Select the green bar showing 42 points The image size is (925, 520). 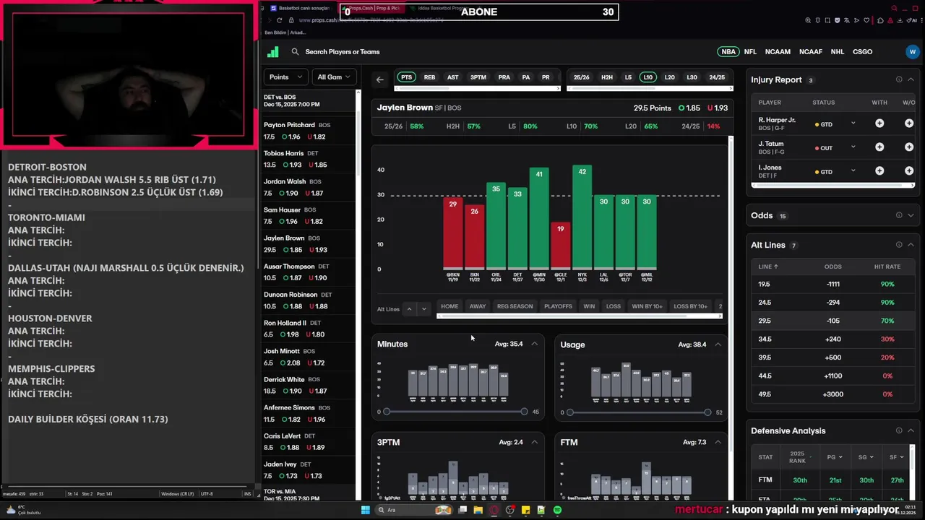(582, 217)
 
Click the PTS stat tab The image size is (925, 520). (406, 77)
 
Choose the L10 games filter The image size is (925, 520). (647, 77)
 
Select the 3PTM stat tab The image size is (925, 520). (478, 77)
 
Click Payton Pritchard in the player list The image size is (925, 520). (289, 125)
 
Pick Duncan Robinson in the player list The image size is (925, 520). (290, 295)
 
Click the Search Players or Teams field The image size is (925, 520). (343, 52)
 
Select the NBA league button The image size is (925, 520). (728, 52)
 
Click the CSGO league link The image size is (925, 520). (862, 52)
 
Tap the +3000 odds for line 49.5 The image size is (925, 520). (833, 394)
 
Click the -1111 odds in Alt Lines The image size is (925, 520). (833, 285)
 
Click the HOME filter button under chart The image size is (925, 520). (449, 306)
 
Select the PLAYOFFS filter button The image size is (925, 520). (558, 306)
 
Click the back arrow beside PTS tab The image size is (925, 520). (380, 79)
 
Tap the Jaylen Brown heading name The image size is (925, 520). (405, 108)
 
